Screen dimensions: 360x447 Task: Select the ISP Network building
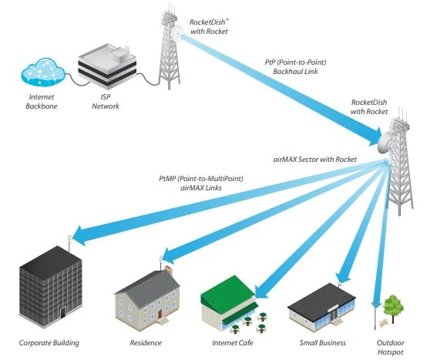click(104, 66)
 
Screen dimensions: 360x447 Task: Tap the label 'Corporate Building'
click(49, 342)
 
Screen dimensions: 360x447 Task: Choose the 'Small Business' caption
click(322, 342)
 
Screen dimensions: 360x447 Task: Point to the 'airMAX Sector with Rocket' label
click(314, 159)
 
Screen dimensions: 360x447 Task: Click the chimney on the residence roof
click(168, 270)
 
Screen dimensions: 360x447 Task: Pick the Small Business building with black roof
click(322, 308)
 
